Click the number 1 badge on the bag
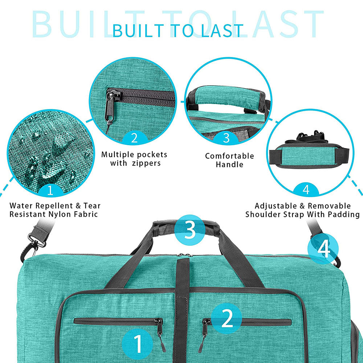tap(138, 344)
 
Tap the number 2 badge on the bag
tap(227, 319)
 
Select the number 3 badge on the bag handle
tap(190, 230)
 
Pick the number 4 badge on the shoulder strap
tap(323, 249)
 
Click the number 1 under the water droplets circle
tap(50, 190)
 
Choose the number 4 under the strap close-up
tap(306, 190)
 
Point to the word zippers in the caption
tap(146, 163)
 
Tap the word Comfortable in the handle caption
tap(229, 156)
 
